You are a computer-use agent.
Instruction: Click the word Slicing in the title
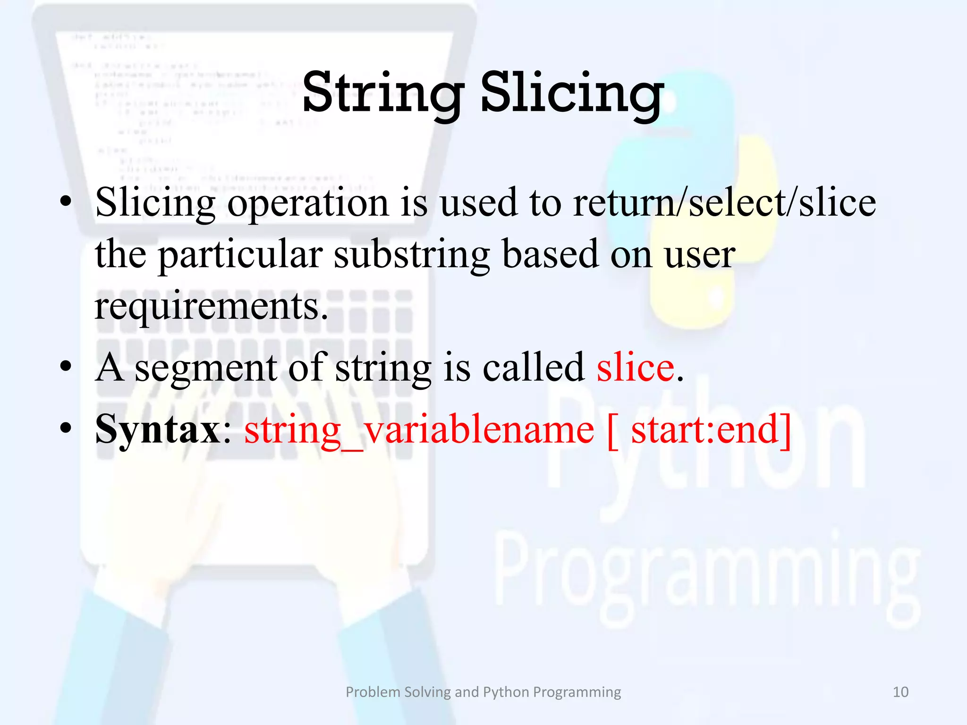point(572,93)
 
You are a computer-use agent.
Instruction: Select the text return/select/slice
point(724,202)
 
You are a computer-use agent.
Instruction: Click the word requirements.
point(211,307)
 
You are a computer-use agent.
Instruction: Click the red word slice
point(636,368)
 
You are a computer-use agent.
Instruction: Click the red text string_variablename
point(419,430)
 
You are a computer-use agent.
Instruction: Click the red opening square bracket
point(612,431)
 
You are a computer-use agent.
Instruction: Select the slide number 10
point(900,692)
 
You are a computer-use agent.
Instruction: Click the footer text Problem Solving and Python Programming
point(483,692)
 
